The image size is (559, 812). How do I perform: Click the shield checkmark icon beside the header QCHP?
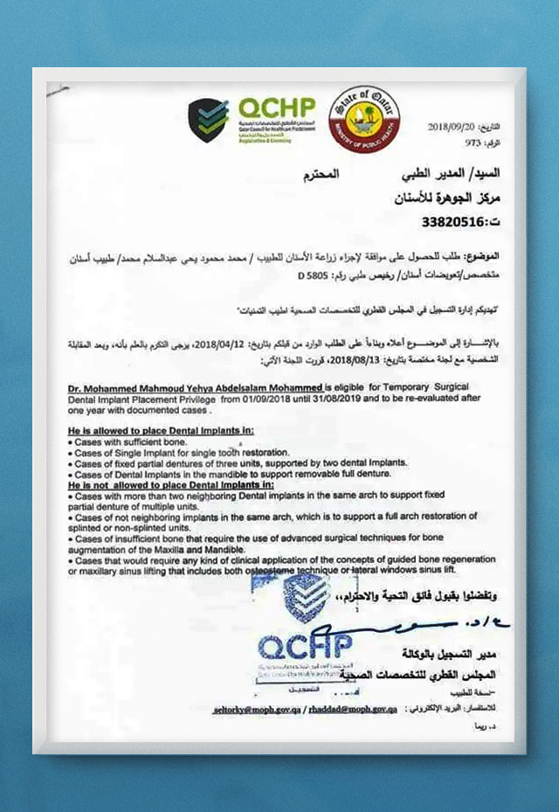point(208,121)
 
